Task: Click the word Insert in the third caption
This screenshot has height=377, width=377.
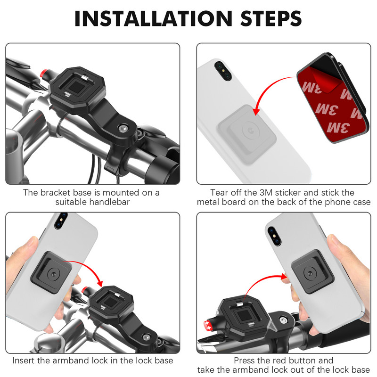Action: click(x=24, y=361)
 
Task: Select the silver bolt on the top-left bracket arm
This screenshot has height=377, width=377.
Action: click(x=124, y=129)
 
